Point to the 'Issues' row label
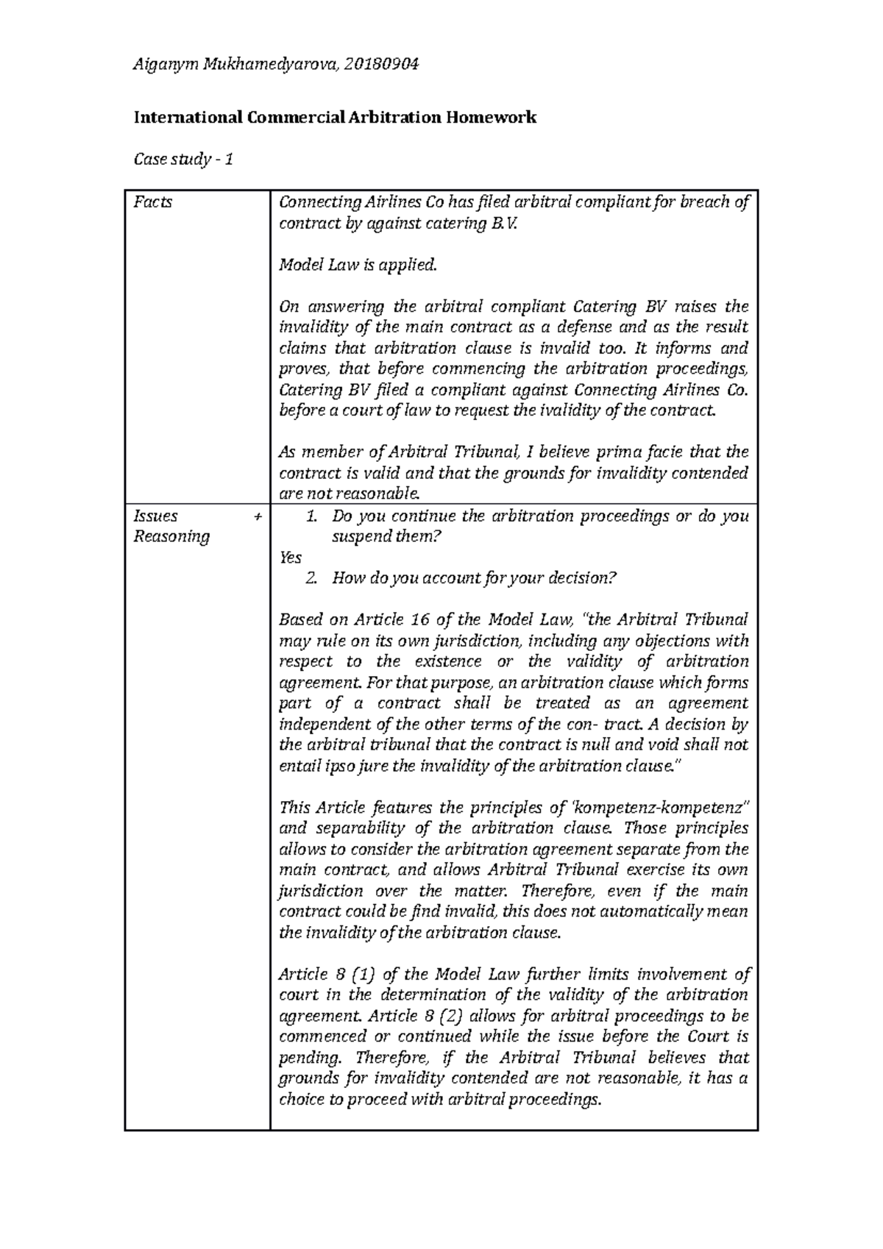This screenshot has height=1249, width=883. coord(155,516)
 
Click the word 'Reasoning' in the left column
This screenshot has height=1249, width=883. coord(171,536)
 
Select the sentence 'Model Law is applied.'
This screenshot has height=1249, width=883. coord(358,265)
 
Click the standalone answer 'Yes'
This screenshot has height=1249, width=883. coord(291,557)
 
